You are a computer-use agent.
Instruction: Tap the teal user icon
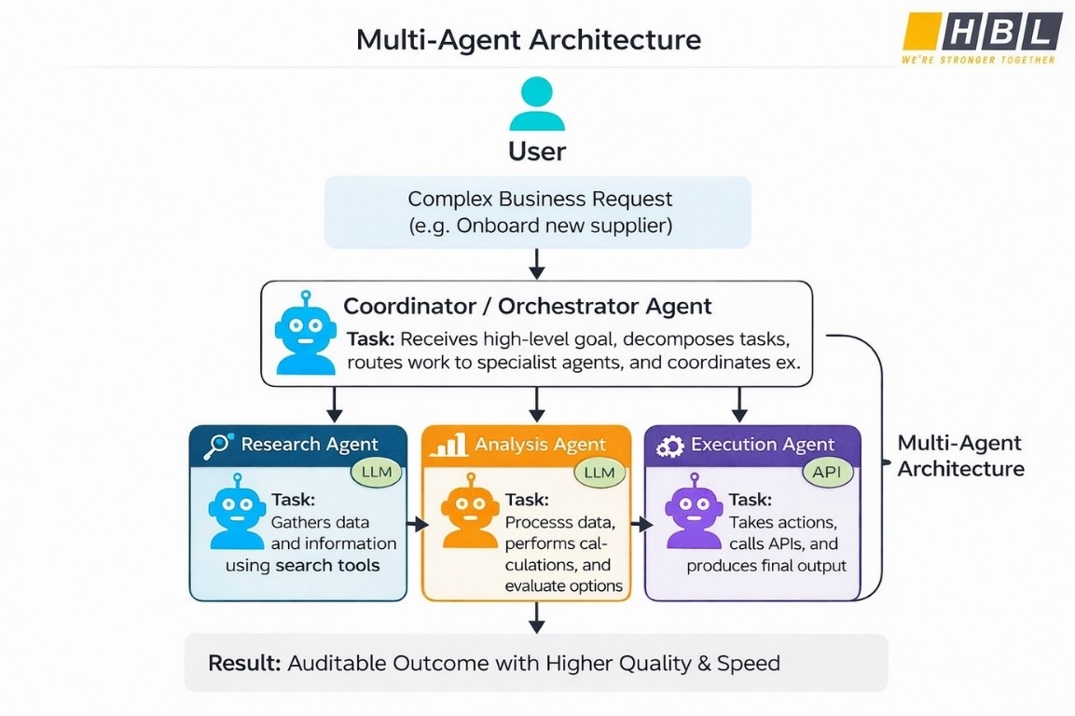pyautogui.click(x=537, y=103)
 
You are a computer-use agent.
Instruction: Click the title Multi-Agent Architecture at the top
pyautogui.click(x=529, y=40)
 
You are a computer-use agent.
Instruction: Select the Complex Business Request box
pyautogui.click(x=537, y=213)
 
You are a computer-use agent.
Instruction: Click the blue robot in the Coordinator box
pyautogui.click(x=306, y=333)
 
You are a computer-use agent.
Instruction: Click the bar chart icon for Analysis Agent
pyautogui.click(x=448, y=445)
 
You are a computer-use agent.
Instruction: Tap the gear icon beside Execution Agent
pyautogui.click(x=669, y=447)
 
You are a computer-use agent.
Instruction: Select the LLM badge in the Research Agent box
pyautogui.click(x=377, y=472)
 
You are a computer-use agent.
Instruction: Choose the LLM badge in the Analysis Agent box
pyautogui.click(x=599, y=472)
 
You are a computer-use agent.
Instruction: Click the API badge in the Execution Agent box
pyautogui.click(x=827, y=472)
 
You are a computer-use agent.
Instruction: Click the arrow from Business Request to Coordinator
pyautogui.click(x=536, y=265)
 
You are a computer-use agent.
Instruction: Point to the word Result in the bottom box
pyautogui.click(x=243, y=664)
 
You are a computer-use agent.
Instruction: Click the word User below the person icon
pyautogui.click(x=537, y=151)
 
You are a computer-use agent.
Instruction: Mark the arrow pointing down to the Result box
pyautogui.click(x=536, y=617)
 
